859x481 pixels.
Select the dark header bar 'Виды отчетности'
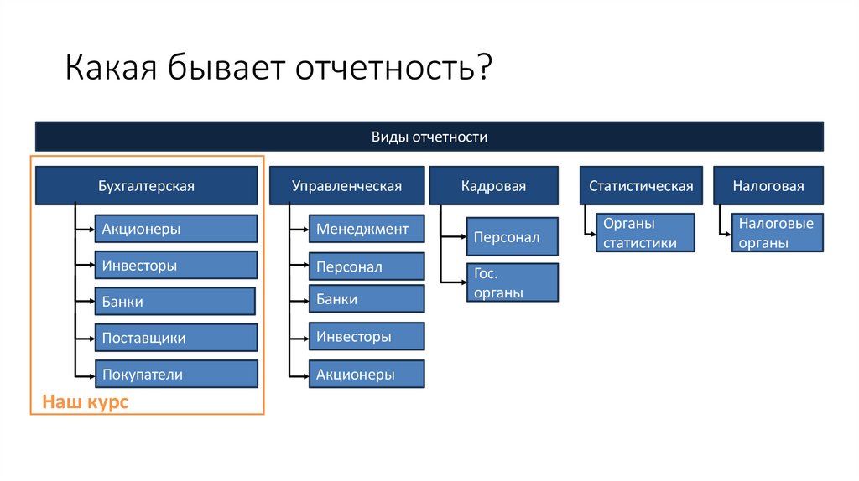point(429,137)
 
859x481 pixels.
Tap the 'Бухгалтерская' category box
point(146,186)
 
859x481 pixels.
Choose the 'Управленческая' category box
point(346,186)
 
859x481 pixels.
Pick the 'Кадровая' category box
point(493,186)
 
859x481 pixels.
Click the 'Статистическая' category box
point(641,186)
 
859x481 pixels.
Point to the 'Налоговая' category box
point(768,186)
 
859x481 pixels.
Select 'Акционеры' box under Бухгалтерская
point(175,229)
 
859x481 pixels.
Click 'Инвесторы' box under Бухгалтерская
point(175,266)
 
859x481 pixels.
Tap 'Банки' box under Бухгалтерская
point(174,302)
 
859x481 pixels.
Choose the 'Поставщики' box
point(175,339)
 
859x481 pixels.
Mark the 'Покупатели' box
point(175,375)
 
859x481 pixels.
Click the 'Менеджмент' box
point(367,229)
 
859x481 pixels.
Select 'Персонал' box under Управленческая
point(367,266)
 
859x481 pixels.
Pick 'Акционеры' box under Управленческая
point(367,375)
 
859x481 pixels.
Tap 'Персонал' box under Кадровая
point(512,237)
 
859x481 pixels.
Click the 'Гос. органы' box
point(512,283)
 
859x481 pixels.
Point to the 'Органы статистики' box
point(645,233)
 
